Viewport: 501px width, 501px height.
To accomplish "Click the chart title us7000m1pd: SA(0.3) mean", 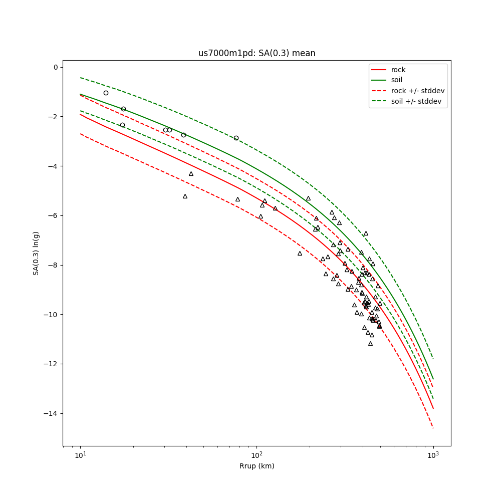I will tap(257, 53).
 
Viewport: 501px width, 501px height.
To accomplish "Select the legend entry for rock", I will tap(398, 70).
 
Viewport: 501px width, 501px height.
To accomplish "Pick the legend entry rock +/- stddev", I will tap(418, 91).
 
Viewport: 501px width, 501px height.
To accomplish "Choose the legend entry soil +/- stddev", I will tap(417, 101).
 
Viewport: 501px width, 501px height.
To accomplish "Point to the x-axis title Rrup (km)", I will tap(257, 466).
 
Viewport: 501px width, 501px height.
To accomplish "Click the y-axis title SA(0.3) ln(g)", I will tap(36, 253).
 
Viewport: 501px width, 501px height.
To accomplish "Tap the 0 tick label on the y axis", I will tap(55, 67).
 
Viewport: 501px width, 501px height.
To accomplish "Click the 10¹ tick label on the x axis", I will tap(80, 455).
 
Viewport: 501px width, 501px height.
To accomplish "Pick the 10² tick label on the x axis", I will tap(257, 455).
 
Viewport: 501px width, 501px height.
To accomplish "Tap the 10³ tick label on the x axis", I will tap(433, 455).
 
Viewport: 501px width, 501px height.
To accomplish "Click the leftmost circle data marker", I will tap(106, 93).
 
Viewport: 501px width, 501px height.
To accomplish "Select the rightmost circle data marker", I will tap(236, 138).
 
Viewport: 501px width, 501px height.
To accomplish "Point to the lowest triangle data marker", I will tap(370, 343).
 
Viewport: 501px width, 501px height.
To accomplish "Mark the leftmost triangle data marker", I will tap(185, 196).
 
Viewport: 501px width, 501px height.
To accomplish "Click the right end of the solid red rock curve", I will tap(433, 408).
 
